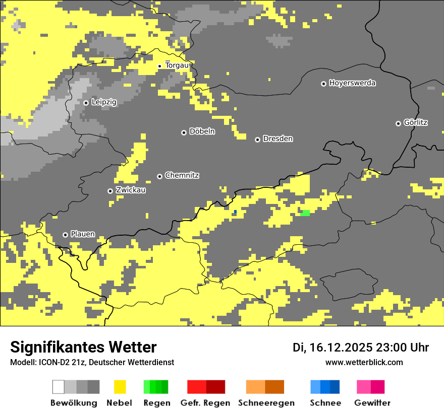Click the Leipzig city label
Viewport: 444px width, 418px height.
[104, 102]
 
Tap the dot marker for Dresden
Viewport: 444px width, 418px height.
[257, 139]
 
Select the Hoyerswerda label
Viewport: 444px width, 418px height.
[352, 83]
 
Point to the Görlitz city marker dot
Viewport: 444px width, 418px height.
[398, 123]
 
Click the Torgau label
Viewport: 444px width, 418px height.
[177, 65]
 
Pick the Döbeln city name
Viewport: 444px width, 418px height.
[202, 131]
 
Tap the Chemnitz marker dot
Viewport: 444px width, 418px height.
[160, 176]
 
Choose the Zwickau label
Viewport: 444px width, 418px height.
[131, 190]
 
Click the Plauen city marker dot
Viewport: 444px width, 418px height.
[65, 235]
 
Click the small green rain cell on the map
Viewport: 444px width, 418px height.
[305, 213]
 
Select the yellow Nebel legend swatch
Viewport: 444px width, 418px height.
[120, 387]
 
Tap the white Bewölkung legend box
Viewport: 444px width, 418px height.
[59, 387]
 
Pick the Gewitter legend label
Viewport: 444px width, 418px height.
[372, 403]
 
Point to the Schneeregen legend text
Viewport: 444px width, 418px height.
[266, 403]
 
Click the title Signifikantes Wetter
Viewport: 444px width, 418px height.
[83, 347]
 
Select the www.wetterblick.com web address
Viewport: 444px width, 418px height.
[364, 362]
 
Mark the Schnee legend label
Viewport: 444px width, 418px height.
[325, 403]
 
